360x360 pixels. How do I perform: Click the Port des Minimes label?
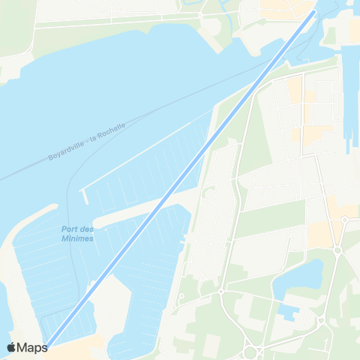(77, 233)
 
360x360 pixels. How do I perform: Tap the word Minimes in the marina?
(77, 238)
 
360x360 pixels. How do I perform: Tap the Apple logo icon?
(12, 347)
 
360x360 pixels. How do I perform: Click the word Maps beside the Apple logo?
(32, 347)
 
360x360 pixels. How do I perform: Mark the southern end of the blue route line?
(46, 346)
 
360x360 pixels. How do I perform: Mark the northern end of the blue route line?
(313, 13)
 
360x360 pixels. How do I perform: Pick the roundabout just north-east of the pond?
(337, 251)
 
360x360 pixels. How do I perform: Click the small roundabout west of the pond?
(221, 292)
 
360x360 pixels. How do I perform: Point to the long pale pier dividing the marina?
(142, 209)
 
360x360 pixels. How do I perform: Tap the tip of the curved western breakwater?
(54, 205)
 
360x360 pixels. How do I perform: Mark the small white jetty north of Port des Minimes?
(83, 196)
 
